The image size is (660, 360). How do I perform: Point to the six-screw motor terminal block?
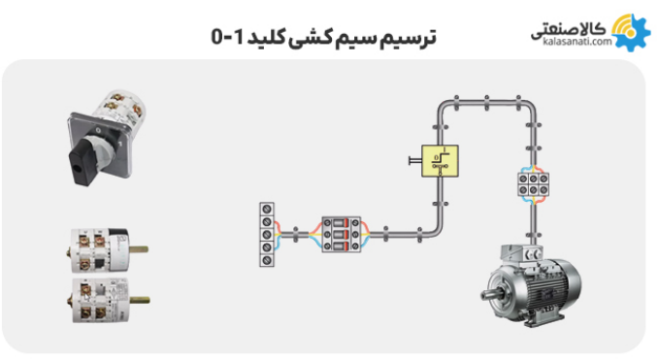point(533,183)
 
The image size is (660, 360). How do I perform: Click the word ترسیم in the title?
point(410,38)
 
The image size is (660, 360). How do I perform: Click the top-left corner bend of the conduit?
point(444,105)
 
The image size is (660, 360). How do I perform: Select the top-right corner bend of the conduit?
point(530,105)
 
